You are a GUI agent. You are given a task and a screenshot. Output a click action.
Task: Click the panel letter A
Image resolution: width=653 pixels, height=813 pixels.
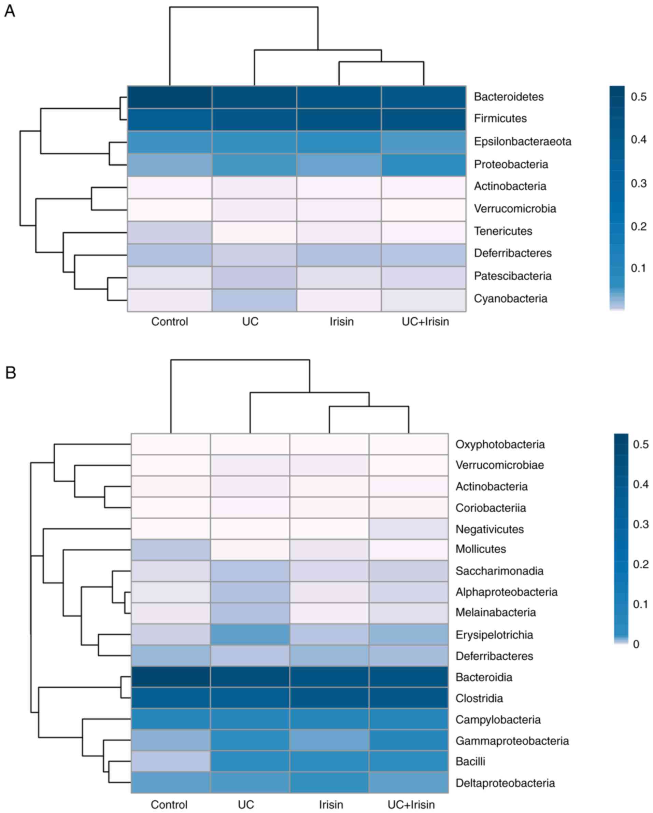click(x=10, y=11)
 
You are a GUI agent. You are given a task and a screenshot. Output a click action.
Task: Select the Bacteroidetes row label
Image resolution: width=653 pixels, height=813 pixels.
click(x=509, y=97)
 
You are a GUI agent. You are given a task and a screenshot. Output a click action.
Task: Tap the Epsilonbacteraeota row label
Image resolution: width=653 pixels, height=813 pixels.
click(x=522, y=141)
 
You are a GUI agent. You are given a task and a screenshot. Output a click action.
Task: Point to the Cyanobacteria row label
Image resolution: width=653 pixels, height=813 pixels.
click(x=510, y=299)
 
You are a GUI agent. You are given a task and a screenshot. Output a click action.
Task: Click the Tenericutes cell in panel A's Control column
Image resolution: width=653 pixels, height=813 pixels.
click(x=170, y=232)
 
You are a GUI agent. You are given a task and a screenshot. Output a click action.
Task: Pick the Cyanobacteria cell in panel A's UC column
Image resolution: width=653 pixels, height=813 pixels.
click(x=254, y=300)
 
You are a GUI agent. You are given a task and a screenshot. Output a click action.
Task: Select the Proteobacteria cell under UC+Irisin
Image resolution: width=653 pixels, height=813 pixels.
click(x=424, y=164)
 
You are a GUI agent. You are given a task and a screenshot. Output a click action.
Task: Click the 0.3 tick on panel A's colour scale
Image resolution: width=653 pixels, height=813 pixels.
click(x=639, y=183)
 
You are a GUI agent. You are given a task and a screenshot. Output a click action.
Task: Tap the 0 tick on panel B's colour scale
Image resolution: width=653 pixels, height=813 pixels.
click(x=636, y=644)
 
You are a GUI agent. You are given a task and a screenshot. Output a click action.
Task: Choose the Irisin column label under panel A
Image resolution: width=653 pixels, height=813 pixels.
click(x=341, y=322)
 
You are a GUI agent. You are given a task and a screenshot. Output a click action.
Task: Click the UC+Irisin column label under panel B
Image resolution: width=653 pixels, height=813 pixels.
click(x=411, y=805)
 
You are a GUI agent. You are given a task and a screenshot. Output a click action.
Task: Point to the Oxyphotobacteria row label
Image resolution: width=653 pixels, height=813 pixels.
click(x=500, y=444)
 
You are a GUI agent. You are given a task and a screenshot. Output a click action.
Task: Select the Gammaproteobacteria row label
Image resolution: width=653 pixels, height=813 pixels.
click(x=512, y=741)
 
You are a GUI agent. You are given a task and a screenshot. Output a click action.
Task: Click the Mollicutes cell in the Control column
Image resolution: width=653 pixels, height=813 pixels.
click(x=171, y=549)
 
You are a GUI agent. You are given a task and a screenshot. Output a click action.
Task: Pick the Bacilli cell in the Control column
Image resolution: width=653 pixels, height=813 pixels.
click(x=171, y=761)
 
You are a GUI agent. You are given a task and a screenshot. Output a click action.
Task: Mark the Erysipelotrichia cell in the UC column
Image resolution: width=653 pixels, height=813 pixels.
click(x=250, y=635)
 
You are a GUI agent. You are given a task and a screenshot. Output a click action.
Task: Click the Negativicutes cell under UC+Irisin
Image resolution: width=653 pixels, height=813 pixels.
click(x=409, y=529)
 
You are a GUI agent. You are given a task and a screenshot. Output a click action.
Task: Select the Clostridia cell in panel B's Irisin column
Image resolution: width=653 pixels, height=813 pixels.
click(x=329, y=698)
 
